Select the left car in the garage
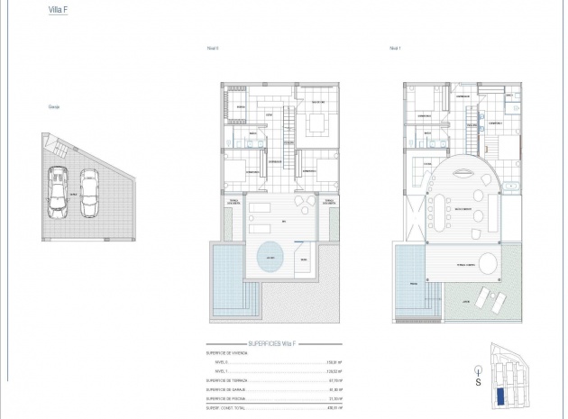point(58,191)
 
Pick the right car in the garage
point(89,192)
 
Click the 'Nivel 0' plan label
point(214,49)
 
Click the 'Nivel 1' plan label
point(394,49)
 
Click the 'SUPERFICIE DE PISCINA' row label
point(227,398)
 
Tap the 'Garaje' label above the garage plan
point(53,107)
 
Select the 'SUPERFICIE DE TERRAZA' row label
point(227,380)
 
